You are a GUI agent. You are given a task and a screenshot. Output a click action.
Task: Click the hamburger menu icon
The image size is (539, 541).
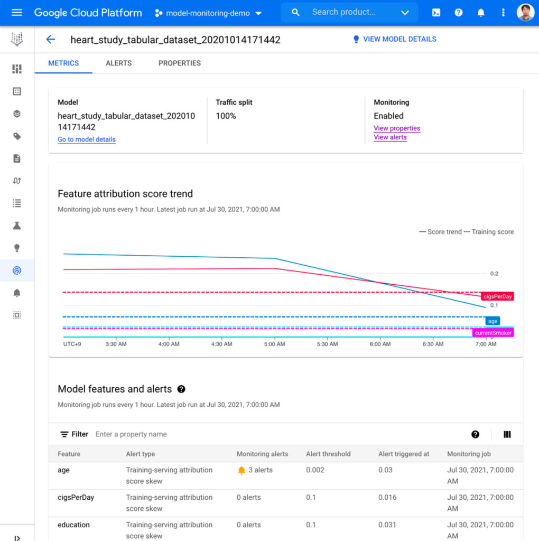click(17, 13)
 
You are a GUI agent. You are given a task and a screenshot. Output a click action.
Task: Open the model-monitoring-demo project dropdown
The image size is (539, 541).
click(209, 13)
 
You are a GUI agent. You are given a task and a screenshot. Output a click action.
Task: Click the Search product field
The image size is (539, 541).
click(349, 12)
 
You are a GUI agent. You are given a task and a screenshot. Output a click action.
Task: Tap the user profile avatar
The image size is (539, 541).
click(525, 13)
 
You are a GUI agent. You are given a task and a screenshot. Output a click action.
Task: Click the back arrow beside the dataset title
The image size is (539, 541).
click(50, 39)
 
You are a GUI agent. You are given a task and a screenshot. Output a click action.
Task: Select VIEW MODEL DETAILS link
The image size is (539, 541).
click(394, 39)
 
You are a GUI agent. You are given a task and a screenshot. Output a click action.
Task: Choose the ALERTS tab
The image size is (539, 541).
click(118, 63)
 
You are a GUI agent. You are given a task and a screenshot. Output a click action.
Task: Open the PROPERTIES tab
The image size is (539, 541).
click(180, 63)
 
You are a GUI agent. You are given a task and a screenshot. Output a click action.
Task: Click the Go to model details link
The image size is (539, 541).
click(87, 139)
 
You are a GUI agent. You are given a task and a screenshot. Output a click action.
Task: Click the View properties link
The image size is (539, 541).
click(397, 128)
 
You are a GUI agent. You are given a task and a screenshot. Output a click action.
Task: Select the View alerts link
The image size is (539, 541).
click(390, 137)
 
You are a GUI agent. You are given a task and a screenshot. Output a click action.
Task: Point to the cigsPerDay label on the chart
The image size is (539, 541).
click(497, 296)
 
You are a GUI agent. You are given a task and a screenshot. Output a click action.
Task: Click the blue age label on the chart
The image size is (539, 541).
click(492, 321)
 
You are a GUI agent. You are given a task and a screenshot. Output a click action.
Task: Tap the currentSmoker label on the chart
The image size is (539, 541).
click(493, 333)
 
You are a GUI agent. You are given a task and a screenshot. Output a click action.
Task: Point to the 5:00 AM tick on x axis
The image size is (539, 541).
click(274, 344)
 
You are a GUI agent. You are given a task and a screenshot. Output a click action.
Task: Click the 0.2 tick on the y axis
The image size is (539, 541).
click(494, 274)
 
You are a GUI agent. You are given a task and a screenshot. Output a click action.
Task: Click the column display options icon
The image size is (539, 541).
click(507, 434)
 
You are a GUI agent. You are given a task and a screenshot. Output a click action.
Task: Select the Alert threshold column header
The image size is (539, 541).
click(328, 454)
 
